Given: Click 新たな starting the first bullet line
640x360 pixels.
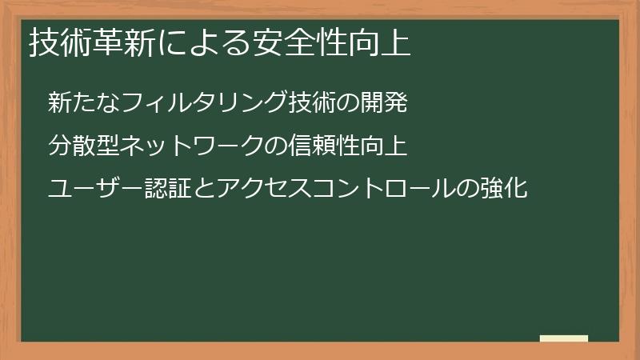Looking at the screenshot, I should coord(80,102).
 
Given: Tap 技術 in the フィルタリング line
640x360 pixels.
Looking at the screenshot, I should coord(308,102).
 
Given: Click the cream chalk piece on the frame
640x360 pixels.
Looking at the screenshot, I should coord(564,339).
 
